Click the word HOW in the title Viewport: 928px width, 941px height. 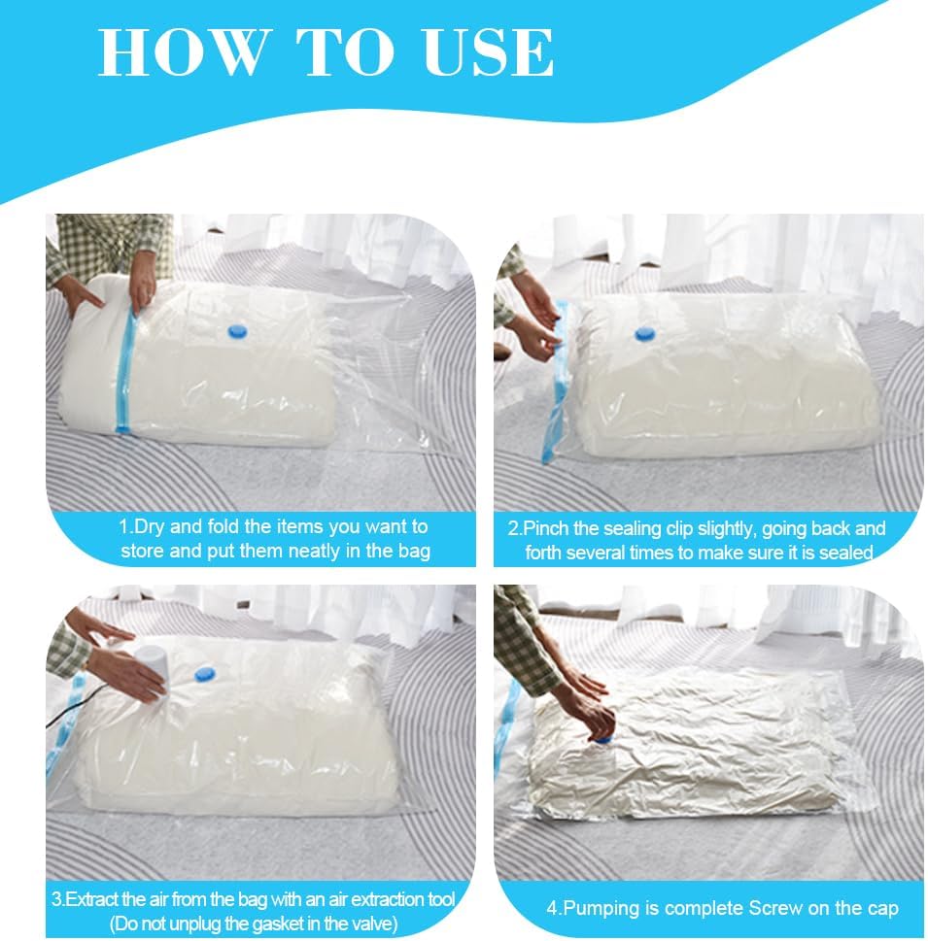[x=180, y=52]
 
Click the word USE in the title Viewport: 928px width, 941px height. [x=489, y=52]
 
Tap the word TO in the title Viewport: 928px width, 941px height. [x=344, y=52]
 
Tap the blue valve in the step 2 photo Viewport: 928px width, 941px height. [x=645, y=334]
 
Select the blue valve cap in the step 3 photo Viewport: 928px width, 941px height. [x=205, y=675]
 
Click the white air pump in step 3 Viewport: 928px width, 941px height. [x=152, y=668]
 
